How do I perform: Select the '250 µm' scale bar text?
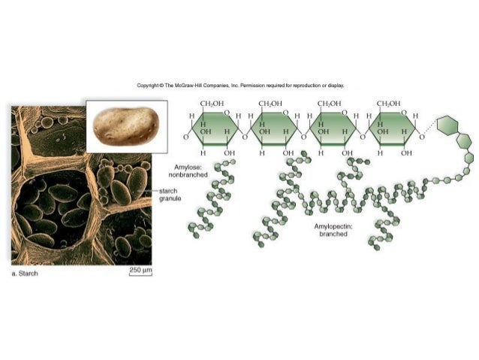click(x=140, y=268)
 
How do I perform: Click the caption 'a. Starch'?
click(x=25, y=274)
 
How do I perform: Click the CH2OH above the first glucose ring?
click(x=212, y=103)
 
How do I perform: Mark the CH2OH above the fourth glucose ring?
click(x=388, y=103)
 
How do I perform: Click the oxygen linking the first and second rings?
click(x=245, y=138)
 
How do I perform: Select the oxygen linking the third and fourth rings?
click(x=363, y=138)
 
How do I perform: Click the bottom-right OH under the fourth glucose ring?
click(x=406, y=153)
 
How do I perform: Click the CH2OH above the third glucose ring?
click(x=330, y=103)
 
